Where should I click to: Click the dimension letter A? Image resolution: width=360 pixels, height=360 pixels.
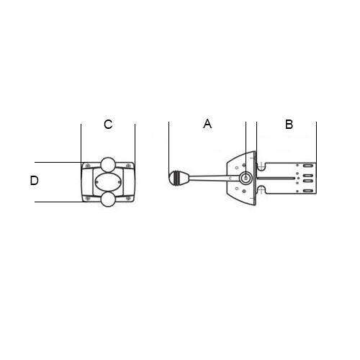point(207,124)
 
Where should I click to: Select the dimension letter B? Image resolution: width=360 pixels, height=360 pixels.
point(289,125)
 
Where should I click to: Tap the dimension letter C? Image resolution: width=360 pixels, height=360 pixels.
point(108,125)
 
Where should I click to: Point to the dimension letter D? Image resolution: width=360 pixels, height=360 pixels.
point(35,181)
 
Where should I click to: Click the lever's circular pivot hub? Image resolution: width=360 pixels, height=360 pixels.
point(246,179)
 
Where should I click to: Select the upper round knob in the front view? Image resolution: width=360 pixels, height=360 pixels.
point(108,165)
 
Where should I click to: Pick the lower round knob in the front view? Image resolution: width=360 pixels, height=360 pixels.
point(108,199)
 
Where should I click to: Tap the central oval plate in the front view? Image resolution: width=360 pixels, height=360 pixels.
point(108,182)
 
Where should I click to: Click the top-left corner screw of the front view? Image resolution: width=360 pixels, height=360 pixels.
point(88,166)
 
